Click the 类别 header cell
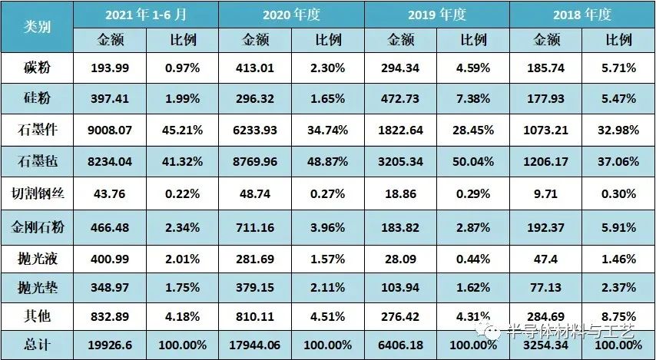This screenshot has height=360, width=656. tap(37, 27)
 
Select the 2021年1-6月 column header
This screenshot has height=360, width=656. tap(145, 14)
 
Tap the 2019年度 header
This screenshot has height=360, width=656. tap(436, 14)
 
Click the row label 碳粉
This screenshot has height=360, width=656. tap(37, 68)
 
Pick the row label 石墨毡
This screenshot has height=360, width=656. tap(37, 161)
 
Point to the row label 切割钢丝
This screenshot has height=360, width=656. tap(37, 193)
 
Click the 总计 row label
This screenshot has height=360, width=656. tap(37, 345)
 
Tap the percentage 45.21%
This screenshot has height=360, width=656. tap(182, 130)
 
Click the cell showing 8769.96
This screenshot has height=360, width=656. tap(254, 161)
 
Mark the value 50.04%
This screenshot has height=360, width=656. tap(472, 161)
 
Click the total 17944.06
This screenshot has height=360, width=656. tap(254, 345)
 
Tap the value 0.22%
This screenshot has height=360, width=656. tap(182, 193)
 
